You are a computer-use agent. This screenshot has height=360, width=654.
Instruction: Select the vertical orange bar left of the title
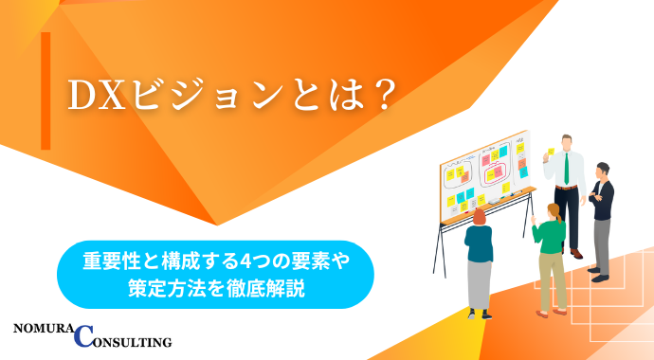point(45,91)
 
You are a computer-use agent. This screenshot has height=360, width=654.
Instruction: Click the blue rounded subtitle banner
point(215,274)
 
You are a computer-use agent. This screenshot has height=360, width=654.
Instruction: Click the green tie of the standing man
point(567,169)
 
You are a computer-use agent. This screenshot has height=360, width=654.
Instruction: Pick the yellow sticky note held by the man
point(550,153)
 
